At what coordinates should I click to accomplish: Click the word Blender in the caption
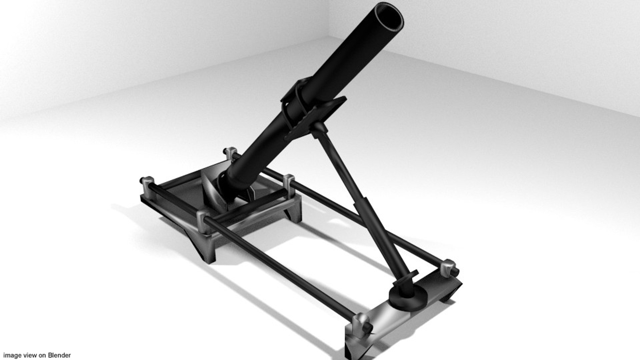click(59, 355)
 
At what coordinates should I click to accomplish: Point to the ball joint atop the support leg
click(318, 127)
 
